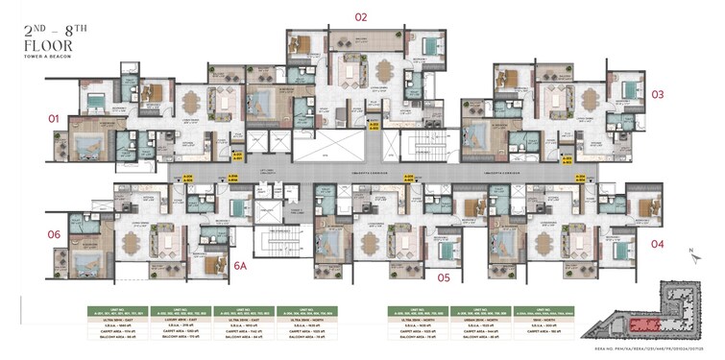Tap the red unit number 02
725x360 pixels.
[361, 16]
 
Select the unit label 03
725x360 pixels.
[658, 94]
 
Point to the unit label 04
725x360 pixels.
[658, 244]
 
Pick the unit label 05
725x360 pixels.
[444, 277]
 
